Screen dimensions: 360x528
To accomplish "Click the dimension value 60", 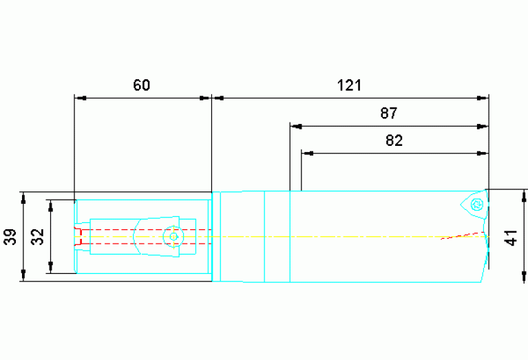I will pos(141,85).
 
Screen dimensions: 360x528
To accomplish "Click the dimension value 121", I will pos(349,85).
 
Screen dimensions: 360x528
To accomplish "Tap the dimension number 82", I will pos(394,140).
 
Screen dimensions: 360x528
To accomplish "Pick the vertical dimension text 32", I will pos(38,237).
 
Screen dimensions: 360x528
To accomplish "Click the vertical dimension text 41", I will pos(511,237).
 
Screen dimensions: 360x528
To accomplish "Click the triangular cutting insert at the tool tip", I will pos(474,204).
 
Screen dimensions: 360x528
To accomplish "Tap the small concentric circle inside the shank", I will pos(173,236).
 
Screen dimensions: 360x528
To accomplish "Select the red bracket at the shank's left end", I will pos(79,236).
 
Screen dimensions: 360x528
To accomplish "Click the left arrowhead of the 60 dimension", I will pos(80,98).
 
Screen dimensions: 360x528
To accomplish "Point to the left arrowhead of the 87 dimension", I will pos(296,127).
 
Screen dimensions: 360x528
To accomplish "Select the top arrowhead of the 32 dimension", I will pos(50,205).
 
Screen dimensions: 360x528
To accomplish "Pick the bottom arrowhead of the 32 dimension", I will pos(50,268).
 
